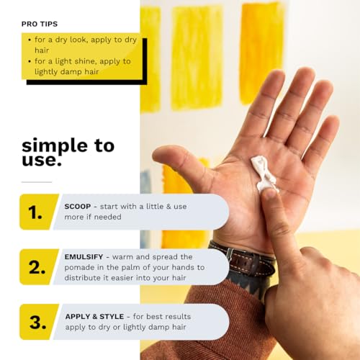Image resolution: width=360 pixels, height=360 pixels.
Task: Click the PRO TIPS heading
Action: (x=40, y=24)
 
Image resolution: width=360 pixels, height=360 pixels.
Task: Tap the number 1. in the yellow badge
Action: (x=35, y=212)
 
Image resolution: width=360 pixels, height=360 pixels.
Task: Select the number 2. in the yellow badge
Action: (x=37, y=268)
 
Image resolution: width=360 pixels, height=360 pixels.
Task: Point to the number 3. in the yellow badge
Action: (x=37, y=322)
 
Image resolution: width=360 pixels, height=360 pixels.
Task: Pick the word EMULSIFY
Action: (x=84, y=257)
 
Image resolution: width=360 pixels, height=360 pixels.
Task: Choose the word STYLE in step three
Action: (x=112, y=317)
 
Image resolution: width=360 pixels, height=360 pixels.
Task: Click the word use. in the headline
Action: (x=42, y=160)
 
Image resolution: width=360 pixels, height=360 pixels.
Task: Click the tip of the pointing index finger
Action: (x=269, y=192)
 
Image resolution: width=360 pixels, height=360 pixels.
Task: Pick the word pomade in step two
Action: (x=78, y=268)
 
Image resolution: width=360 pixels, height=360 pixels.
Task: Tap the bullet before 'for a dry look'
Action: (x=30, y=40)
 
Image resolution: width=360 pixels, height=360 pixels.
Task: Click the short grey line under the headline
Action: (x=37, y=182)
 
